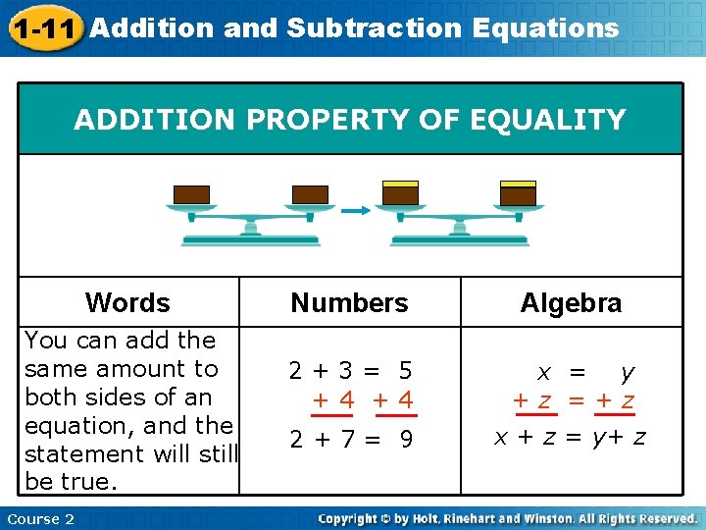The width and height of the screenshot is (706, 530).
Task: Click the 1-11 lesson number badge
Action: [43, 27]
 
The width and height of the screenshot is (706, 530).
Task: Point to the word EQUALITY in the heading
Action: [549, 120]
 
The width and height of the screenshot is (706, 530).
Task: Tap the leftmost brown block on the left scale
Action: [191, 194]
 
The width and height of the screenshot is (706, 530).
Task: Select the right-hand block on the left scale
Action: [311, 194]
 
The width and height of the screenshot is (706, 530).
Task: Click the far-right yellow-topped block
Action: [518, 192]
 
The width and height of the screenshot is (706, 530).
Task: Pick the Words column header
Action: [127, 302]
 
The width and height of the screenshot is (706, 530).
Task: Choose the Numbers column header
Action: [349, 302]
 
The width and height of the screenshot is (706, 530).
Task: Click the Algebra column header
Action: [571, 302]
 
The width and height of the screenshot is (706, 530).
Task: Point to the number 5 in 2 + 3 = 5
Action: [404, 372]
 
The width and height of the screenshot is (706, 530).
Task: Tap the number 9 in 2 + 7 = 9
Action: [405, 440]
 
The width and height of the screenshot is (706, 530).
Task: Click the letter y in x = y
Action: [627, 372]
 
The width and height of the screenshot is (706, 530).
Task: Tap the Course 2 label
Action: [40, 518]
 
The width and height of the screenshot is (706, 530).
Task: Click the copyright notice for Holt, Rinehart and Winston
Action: [507, 518]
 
